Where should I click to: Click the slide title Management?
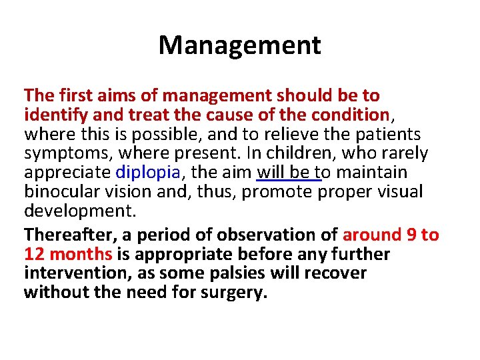pyautogui.click(x=239, y=45)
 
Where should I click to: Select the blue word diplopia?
pyautogui.click(x=148, y=172)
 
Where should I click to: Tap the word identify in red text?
pyautogui.click(x=53, y=115)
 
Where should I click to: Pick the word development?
pyautogui.click(x=79, y=211)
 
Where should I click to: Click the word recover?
pyautogui.click(x=333, y=273)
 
